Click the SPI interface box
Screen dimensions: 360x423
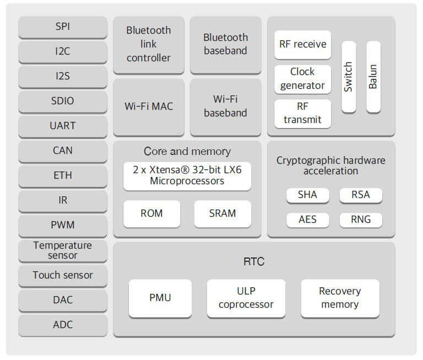pyautogui.click(x=63, y=26)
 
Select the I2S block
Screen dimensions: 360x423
pyautogui.click(x=63, y=76)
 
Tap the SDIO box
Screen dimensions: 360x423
pyautogui.click(x=63, y=101)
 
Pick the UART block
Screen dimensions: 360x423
pyautogui.click(x=63, y=126)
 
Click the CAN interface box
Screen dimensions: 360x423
pyautogui.click(x=63, y=151)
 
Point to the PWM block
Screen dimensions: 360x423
pyautogui.click(x=63, y=225)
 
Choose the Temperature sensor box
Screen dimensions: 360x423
pyautogui.click(x=63, y=250)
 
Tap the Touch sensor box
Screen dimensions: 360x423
pyautogui.click(x=63, y=275)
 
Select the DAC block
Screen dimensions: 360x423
pyautogui.click(x=63, y=300)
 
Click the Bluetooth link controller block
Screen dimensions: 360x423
pyautogui.click(x=149, y=44)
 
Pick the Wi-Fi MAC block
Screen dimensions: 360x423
pyautogui.click(x=149, y=106)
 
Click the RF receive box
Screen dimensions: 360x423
pyautogui.click(x=302, y=44)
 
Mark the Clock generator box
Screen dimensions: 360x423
pyautogui.click(x=302, y=79)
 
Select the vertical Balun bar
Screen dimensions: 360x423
pyautogui.click(x=373, y=77)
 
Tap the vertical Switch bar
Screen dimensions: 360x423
pyautogui.click(x=349, y=77)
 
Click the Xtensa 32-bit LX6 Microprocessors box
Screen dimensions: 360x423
pyautogui.click(x=187, y=175)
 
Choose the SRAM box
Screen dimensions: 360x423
pyautogui.click(x=223, y=213)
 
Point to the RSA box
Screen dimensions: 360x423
pyautogui.click(x=360, y=195)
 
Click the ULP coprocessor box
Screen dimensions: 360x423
pyautogui.click(x=246, y=298)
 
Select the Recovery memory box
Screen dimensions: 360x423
pyautogui.click(x=340, y=298)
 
